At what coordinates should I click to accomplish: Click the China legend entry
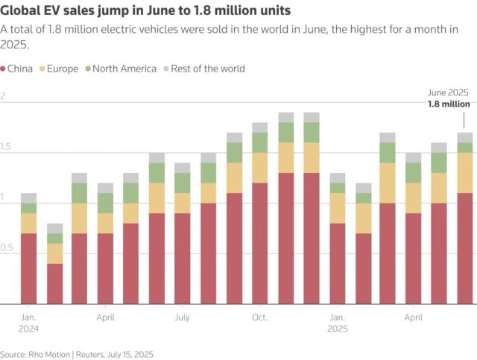point(22,69)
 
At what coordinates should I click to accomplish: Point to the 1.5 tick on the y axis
point(7,148)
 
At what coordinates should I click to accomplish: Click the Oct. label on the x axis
point(259,318)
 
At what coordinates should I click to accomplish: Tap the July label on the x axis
point(183,318)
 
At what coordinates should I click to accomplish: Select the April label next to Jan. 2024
point(105,318)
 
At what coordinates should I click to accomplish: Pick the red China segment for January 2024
point(29,268)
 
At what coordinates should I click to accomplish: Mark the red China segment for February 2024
point(54,284)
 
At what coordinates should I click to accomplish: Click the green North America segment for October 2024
point(259,142)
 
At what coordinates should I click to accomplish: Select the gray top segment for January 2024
point(29,198)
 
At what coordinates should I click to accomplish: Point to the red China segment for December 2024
point(311,239)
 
